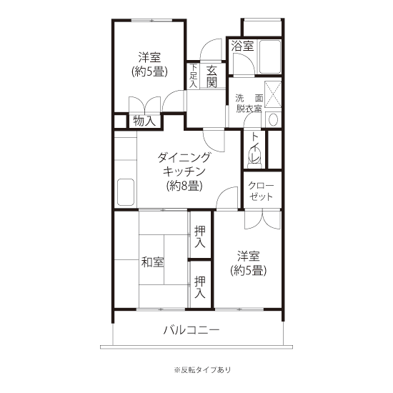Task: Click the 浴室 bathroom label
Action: click(x=242, y=46)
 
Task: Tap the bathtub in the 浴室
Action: click(x=269, y=56)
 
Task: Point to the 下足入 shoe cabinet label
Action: click(x=193, y=76)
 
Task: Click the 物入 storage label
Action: click(x=144, y=121)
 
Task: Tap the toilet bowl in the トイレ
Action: click(x=255, y=156)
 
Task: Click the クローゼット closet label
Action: click(x=261, y=191)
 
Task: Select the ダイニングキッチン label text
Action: click(x=184, y=164)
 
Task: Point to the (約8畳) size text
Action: click(x=184, y=186)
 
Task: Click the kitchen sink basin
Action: click(x=126, y=192)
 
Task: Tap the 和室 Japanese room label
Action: click(x=153, y=262)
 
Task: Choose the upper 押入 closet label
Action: click(x=200, y=237)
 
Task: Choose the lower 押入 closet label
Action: click(x=200, y=287)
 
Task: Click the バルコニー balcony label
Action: click(x=191, y=330)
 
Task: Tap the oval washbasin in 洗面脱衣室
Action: click(x=273, y=120)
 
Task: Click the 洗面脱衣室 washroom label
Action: click(x=249, y=104)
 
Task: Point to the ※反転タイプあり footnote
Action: click(x=202, y=369)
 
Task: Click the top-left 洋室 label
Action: click(x=149, y=64)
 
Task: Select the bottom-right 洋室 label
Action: click(x=249, y=263)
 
